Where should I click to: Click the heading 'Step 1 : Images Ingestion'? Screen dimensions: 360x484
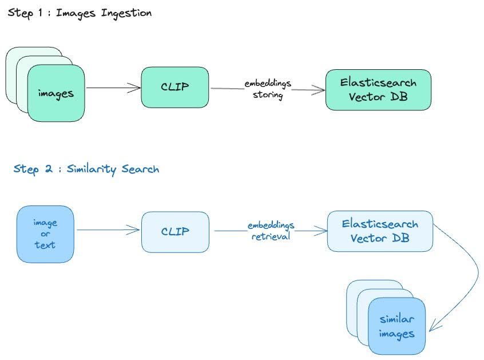click(80, 13)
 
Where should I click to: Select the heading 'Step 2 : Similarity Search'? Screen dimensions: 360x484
click(86, 169)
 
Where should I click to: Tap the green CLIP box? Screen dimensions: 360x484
click(174, 88)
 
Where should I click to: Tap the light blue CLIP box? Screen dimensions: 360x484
click(175, 232)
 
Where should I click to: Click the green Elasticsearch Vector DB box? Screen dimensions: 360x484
click(378, 90)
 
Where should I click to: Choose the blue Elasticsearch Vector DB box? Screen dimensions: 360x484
click(379, 231)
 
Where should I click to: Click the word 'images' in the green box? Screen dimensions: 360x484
click(55, 93)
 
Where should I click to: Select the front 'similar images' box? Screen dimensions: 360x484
click(396, 326)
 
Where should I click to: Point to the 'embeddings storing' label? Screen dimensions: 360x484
click(268, 89)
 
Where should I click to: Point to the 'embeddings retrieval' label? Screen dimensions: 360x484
click(271, 230)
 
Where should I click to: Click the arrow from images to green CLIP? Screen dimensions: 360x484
click(113, 88)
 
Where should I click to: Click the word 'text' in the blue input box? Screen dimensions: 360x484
click(45, 245)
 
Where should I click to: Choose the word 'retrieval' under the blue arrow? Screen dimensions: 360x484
click(271, 235)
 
